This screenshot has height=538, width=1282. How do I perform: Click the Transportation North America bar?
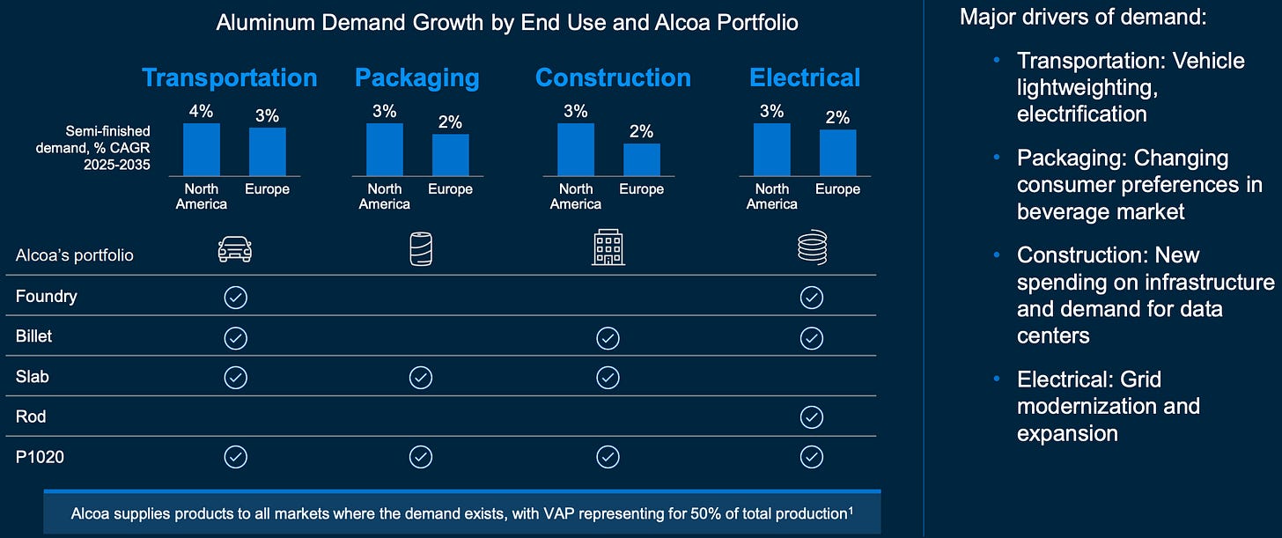pyautogui.click(x=202, y=150)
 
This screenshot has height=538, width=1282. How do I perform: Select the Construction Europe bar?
pyautogui.click(x=642, y=159)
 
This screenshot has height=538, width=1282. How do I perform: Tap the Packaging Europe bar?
pyautogui.click(x=451, y=155)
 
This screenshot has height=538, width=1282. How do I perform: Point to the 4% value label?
pyautogui.click(x=202, y=111)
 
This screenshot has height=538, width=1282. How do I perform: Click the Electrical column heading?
pyautogui.click(x=805, y=77)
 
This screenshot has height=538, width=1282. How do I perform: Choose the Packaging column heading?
pyautogui.click(x=417, y=78)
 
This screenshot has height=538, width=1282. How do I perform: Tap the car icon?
pyautogui.click(x=234, y=249)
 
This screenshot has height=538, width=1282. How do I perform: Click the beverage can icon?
pyautogui.click(x=421, y=249)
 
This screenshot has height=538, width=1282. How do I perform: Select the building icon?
pyautogui.click(x=608, y=247)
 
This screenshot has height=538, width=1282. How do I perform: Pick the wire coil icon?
pyautogui.click(x=812, y=247)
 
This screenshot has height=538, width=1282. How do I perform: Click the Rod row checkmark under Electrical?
pyautogui.click(x=812, y=417)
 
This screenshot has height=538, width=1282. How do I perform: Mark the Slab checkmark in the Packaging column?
pyautogui.click(x=421, y=378)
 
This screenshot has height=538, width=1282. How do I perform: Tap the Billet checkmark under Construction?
pyautogui.click(x=608, y=338)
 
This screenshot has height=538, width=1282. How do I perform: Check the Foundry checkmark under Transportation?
pyautogui.click(x=236, y=298)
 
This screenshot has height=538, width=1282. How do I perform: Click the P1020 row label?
pyautogui.click(x=40, y=457)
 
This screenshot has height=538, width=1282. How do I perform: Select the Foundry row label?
pyautogui.click(x=47, y=297)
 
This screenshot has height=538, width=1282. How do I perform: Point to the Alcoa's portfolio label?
pyautogui.click(x=74, y=254)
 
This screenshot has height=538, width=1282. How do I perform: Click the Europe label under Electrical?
pyautogui.click(x=837, y=188)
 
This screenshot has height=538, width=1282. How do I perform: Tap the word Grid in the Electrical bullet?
pyautogui.click(x=1140, y=380)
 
